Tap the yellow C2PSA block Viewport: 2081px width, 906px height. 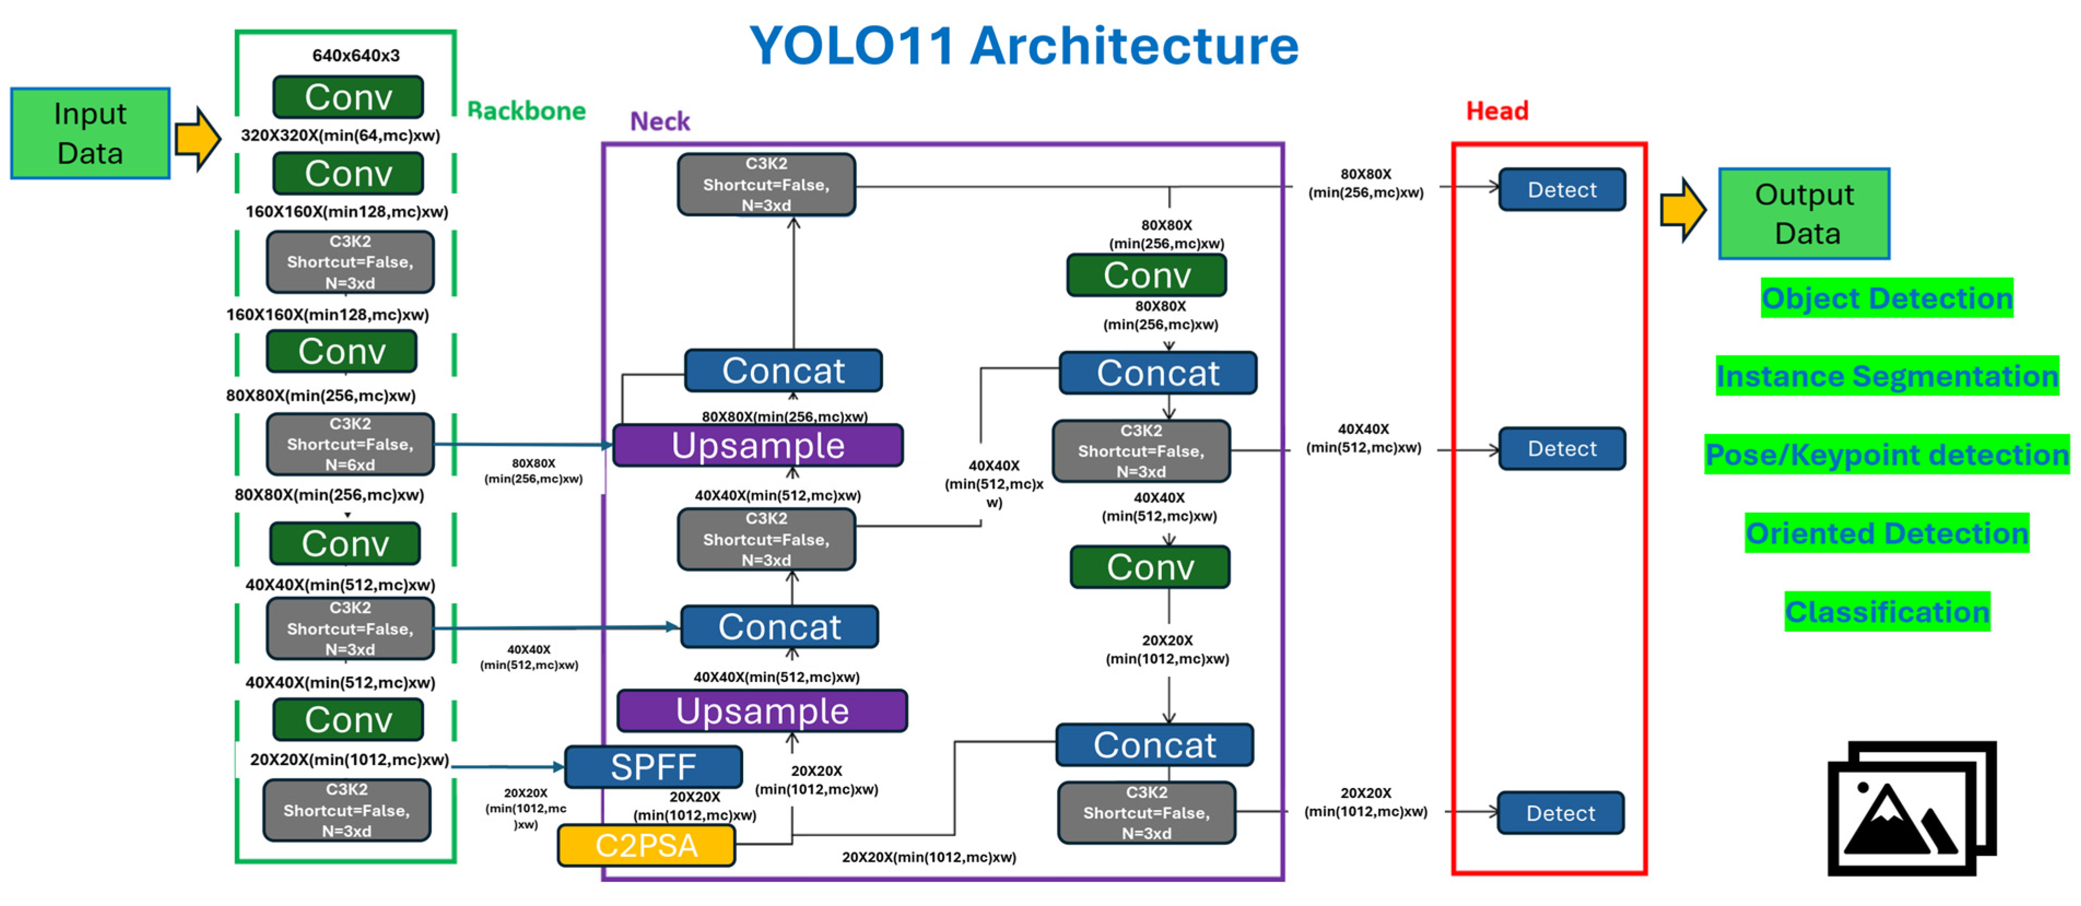[x=646, y=845]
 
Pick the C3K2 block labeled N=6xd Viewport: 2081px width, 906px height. [x=350, y=444]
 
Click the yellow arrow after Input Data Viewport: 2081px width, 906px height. [x=198, y=138]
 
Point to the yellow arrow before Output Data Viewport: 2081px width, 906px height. [x=1683, y=210]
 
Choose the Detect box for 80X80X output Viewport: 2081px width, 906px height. [x=1561, y=190]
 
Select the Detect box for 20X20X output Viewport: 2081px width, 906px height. [x=1560, y=812]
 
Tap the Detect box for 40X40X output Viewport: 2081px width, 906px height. [x=1561, y=448]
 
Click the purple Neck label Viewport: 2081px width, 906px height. [x=660, y=121]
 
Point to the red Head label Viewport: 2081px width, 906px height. [x=1497, y=111]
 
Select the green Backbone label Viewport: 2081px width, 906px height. [x=527, y=111]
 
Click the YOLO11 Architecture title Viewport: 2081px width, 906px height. [x=1024, y=46]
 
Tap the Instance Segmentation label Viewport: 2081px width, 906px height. [x=1886, y=376]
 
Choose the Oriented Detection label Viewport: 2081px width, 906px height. [x=1886, y=534]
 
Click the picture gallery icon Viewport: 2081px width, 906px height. [x=1912, y=808]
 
